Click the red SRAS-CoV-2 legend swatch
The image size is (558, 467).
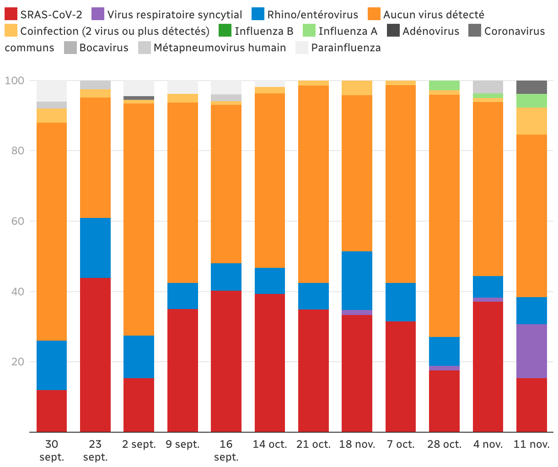(x=11, y=14)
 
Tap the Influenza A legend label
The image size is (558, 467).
(x=348, y=31)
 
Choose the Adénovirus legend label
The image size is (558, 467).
(x=430, y=31)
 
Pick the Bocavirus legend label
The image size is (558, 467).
(x=104, y=48)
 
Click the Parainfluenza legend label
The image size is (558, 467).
(x=346, y=48)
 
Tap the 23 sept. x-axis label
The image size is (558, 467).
(x=95, y=450)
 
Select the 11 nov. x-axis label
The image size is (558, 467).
(x=531, y=444)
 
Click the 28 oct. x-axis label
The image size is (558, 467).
(x=444, y=444)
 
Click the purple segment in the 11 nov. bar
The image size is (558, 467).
(x=531, y=351)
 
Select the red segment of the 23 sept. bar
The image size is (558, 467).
(x=95, y=355)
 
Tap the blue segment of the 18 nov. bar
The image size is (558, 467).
(x=357, y=281)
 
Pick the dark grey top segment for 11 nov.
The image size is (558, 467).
(x=531, y=87)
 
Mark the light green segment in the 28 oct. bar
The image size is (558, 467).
(x=444, y=85)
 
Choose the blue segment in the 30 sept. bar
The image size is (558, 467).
(x=52, y=365)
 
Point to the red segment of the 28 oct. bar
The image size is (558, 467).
(x=444, y=401)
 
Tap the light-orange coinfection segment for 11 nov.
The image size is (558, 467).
(x=531, y=121)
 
